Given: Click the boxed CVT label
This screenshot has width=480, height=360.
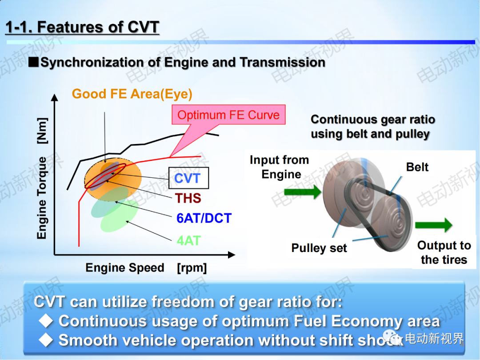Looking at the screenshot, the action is coord(188,178).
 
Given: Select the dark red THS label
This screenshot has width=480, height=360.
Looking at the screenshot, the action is coord(188,198).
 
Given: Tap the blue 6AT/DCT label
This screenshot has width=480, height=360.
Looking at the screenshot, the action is coord(204,218).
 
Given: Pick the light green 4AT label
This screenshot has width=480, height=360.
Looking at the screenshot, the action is coord(188,240).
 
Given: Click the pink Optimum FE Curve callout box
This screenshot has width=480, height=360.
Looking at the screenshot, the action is coord(228,115).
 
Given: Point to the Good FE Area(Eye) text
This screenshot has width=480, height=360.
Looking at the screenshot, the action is coord(132,94).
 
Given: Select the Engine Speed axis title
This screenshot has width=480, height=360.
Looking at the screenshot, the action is coord(146,268).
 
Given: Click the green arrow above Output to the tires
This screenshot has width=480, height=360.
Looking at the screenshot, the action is coord(433,225).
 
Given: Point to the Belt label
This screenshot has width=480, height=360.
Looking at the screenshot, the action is coord(417,167).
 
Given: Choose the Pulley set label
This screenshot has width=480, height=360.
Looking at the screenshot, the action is coord(319,248).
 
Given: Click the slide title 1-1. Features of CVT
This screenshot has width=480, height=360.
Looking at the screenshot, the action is coord(82,27).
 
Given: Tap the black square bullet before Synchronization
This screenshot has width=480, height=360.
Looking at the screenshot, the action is coord(33,62).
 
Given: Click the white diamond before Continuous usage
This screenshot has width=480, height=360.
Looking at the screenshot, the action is coord(46,321).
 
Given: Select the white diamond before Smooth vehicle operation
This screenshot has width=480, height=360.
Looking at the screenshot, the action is coord(46,340).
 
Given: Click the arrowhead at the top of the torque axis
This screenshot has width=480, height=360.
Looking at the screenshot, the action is coord(55,97).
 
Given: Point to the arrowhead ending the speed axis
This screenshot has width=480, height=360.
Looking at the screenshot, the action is coord(232,255).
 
